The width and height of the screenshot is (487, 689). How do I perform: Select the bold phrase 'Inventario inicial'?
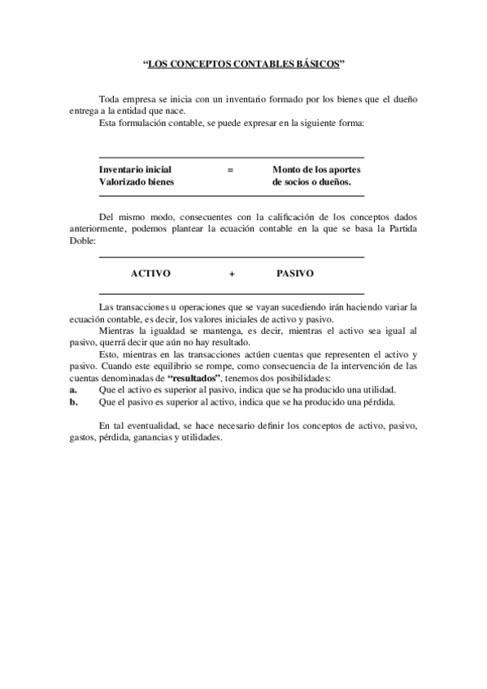(135, 169)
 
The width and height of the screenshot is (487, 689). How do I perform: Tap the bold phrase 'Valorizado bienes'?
(136, 182)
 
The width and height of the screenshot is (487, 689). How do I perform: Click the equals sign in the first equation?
(230, 169)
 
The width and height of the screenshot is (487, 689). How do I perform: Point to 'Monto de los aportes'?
(316, 169)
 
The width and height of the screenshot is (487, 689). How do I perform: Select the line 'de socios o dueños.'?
(311, 182)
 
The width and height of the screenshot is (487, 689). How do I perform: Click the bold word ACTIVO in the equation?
(150, 274)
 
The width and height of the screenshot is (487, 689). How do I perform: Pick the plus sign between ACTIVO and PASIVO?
(232, 275)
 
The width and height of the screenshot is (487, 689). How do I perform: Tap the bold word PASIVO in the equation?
(295, 274)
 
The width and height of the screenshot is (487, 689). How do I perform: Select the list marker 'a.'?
(73, 390)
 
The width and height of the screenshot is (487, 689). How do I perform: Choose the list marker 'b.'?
(74, 401)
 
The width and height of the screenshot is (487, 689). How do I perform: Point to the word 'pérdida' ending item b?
(377, 401)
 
